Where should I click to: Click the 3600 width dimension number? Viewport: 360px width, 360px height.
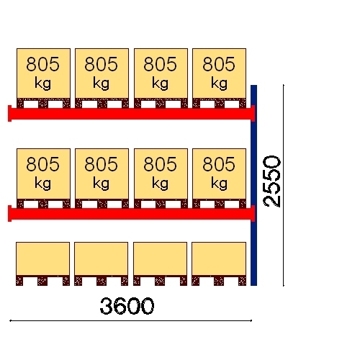point(127,306)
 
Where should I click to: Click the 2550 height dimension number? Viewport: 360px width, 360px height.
point(272,181)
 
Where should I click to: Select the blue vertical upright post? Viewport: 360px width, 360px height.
point(253,185)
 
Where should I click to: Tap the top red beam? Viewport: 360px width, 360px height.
point(132,114)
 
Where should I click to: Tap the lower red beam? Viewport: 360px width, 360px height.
point(132,214)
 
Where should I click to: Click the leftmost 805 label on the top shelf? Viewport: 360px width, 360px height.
point(42,64)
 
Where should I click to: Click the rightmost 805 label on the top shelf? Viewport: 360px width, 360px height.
point(219,64)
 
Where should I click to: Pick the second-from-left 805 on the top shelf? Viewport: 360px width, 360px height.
point(101,64)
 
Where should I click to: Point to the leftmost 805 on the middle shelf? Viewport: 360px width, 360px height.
point(42,164)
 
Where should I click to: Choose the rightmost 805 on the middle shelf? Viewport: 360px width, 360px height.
point(219,164)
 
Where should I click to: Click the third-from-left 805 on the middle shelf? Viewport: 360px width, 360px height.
point(160,164)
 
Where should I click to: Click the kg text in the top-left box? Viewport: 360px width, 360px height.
point(42,84)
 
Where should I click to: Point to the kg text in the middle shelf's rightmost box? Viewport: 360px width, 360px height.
point(219,184)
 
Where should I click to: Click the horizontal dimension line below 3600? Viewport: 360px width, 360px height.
point(130,320)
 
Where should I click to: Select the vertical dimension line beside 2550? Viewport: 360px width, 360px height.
point(284,185)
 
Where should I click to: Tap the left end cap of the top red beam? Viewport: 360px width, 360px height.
point(9,114)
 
